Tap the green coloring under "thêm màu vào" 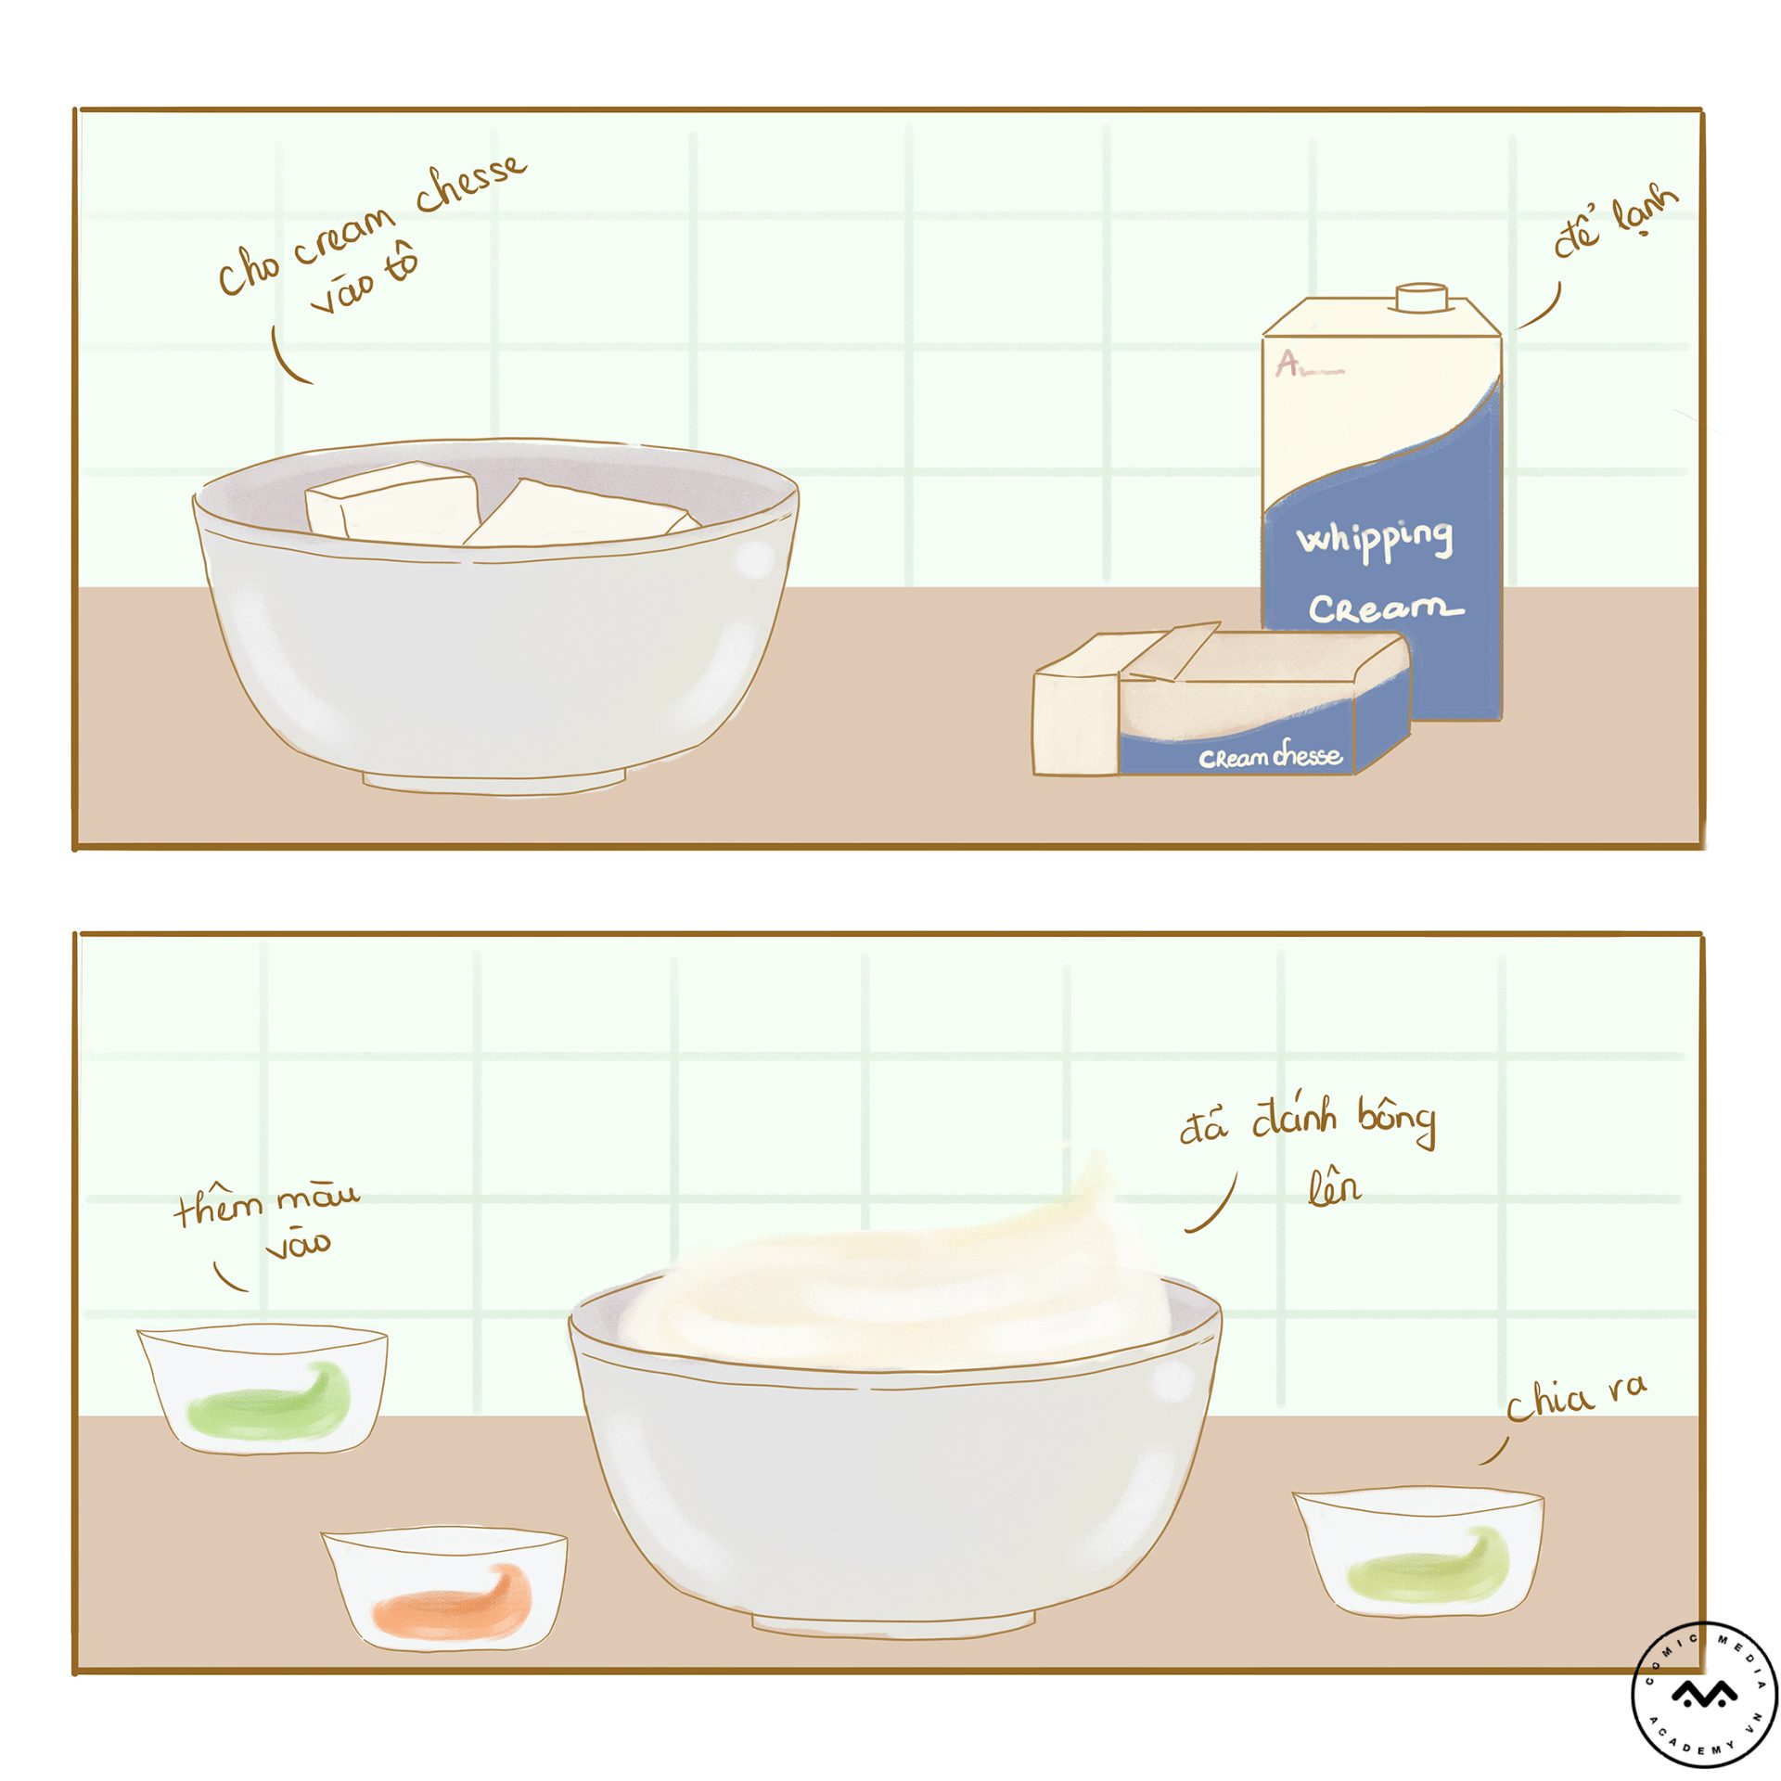269,1401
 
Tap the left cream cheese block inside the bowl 390,503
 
